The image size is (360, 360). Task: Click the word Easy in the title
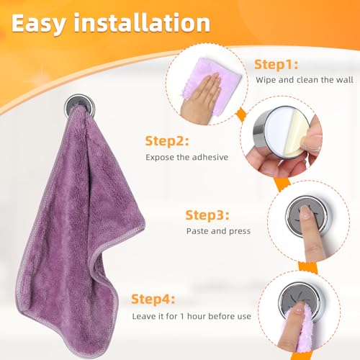point(38,24)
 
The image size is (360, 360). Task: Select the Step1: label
point(276,65)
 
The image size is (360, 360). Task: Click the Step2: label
point(167,141)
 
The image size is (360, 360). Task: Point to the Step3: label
point(207,215)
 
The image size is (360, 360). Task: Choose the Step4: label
point(153,300)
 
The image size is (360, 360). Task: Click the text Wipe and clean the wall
point(305,80)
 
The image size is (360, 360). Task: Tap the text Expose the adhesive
point(186,157)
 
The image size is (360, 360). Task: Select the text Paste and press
point(218,231)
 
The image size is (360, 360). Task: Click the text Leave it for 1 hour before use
point(192,316)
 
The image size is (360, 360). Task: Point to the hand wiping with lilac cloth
point(201,99)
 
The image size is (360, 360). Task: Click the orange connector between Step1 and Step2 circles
point(240,114)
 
